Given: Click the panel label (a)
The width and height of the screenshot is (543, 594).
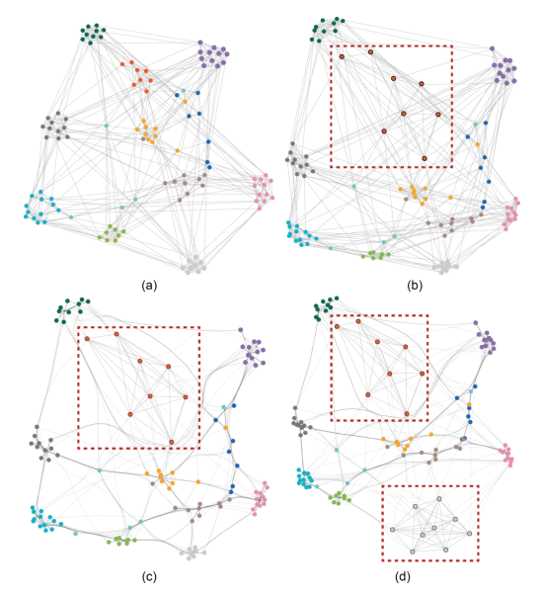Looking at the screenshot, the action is (149, 286).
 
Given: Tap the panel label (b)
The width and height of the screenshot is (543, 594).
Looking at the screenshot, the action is (415, 286).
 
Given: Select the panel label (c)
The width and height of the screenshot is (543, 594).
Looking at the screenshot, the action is (149, 576).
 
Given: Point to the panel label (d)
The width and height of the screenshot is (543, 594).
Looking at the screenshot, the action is (402, 576).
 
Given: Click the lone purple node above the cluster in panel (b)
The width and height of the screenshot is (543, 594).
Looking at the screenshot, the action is (492, 48).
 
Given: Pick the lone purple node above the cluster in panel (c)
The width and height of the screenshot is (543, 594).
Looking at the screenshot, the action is (240, 329).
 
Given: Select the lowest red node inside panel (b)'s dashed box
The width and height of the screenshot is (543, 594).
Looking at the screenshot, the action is (425, 158).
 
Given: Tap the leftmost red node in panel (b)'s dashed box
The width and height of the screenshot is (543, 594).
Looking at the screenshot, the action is (342, 56).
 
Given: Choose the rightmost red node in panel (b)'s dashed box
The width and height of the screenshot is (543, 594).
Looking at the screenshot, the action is (438, 115).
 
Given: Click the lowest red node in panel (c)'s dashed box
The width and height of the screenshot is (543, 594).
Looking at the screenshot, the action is (172, 442).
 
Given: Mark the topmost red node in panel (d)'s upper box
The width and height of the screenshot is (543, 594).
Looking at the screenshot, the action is (358, 321).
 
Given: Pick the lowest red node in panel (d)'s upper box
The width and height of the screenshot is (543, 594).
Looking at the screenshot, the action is (407, 414).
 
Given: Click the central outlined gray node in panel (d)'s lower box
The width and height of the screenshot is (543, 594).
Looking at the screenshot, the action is (434, 528).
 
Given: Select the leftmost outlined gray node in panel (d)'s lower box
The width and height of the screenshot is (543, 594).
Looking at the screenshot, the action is (392, 530).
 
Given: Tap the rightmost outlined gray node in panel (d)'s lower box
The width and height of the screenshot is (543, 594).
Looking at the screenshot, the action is (469, 534).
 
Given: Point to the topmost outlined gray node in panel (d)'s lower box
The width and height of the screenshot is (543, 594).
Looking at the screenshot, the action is (439, 498).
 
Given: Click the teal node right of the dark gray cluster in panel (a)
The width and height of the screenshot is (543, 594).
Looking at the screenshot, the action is (107, 126).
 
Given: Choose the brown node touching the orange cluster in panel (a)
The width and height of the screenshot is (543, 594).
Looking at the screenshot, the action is (143, 139).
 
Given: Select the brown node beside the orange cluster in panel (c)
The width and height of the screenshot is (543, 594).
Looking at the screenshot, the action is (152, 483).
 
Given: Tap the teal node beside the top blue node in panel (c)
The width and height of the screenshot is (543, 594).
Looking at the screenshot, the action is (224, 407).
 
